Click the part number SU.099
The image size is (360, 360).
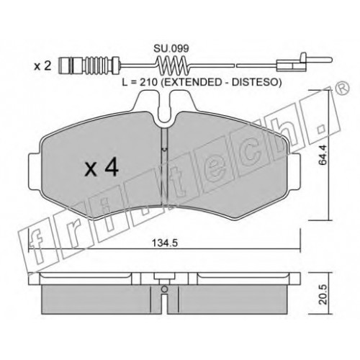[171, 49]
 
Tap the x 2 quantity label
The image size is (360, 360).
[42, 66]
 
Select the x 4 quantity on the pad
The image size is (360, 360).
[102, 168]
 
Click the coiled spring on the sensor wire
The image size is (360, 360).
[172, 64]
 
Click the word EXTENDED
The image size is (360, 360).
[192, 82]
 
